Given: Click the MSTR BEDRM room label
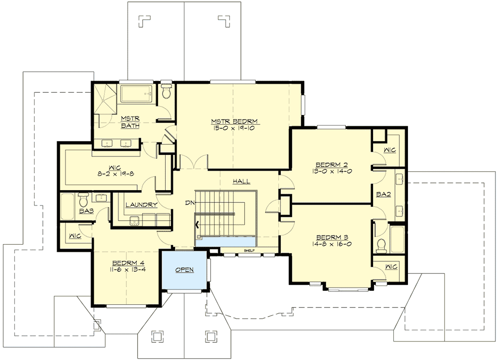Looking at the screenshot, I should [235, 121].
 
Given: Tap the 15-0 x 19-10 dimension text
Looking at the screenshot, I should [235, 128].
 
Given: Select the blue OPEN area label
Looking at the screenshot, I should [185, 269].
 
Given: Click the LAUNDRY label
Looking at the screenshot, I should [141, 205].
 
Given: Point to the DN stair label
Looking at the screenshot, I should [190, 202].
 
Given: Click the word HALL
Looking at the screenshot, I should [241, 181].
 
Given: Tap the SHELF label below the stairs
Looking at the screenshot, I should [248, 250].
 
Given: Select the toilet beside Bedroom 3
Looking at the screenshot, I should [381, 245].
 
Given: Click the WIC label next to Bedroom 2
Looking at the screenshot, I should [390, 150].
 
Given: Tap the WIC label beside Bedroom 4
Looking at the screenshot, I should [75, 236].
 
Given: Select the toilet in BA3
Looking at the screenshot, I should [83, 199].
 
